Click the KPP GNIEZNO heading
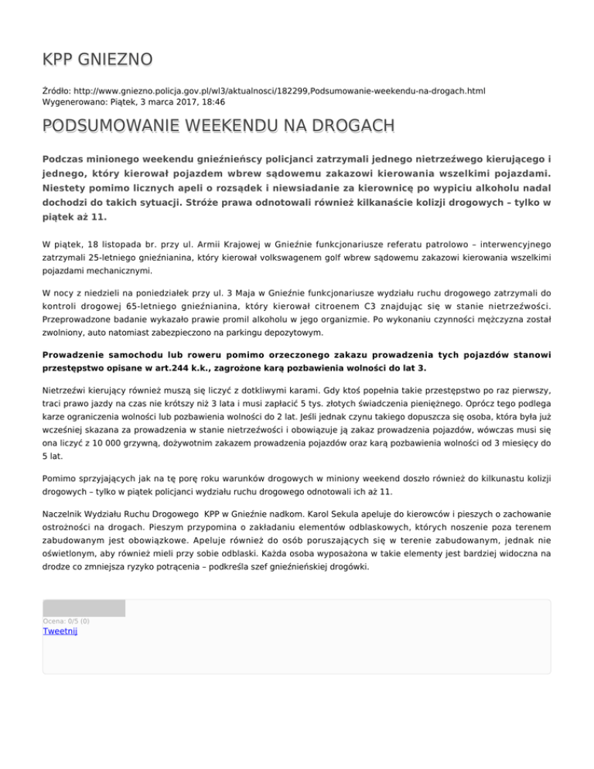97,59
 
